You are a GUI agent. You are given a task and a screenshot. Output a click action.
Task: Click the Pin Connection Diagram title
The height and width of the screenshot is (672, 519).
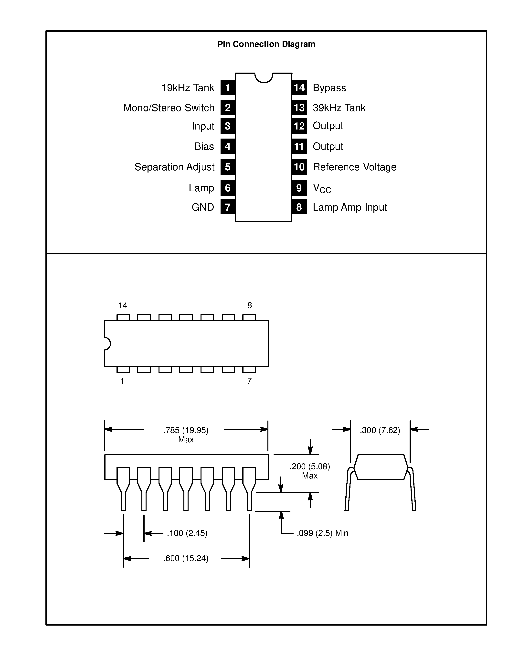click(x=266, y=44)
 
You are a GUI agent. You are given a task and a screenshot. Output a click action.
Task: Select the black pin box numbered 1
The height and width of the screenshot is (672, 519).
click(x=228, y=88)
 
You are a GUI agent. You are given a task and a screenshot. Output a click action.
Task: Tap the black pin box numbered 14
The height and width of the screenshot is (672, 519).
click(x=299, y=88)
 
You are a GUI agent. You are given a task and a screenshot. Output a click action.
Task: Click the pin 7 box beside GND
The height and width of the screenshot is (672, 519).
click(x=228, y=207)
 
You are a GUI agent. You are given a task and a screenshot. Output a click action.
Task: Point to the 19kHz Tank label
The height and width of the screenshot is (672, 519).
click(x=188, y=88)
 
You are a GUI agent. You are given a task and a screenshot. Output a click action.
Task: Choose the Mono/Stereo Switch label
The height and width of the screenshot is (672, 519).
click(x=169, y=108)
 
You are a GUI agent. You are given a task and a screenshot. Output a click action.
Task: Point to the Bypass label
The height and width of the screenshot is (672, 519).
click(x=329, y=88)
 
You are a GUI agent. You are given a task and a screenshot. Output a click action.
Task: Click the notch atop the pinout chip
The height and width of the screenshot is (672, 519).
click(x=264, y=77)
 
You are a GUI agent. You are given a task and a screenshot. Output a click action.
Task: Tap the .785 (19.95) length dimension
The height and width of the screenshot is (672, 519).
click(x=186, y=430)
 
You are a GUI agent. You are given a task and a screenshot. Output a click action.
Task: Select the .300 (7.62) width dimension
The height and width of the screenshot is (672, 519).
click(x=380, y=430)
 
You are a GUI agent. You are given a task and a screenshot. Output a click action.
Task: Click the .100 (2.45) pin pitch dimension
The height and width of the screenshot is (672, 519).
click(x=187, y=533)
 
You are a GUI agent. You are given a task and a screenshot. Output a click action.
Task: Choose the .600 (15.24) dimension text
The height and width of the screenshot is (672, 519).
click(x=186, y=558)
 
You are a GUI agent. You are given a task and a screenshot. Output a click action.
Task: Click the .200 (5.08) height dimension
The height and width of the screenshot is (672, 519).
click(x=310, y=467)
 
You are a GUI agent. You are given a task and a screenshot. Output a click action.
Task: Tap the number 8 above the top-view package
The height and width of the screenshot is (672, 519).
click(x=250, y=305)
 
